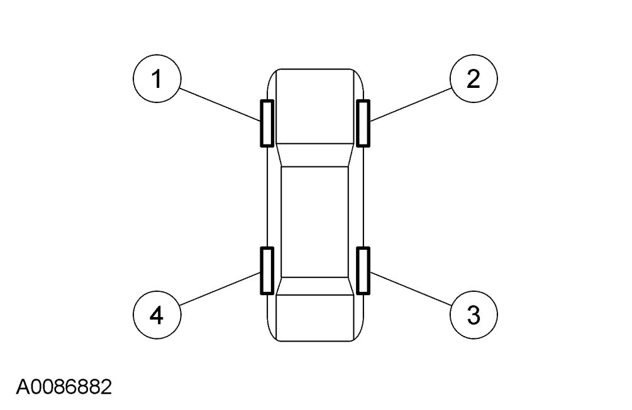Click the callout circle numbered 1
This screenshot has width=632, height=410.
coord(157,80)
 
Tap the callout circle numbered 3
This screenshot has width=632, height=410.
coord(474,314)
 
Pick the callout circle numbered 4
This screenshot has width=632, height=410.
coord(157,314)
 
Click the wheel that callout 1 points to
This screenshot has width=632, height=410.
coord(267,123)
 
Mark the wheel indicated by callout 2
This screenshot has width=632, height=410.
coord(363,123)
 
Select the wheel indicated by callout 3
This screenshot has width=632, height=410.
coord(363,271)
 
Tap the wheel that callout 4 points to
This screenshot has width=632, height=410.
coord(267,271)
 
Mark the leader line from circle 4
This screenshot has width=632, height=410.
coord(220,290)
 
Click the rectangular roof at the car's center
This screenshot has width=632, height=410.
coord(314,222)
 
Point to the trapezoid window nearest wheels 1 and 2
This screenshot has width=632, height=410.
coord(314,155)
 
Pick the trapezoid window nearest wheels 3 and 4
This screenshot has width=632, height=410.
coord(314,286)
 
